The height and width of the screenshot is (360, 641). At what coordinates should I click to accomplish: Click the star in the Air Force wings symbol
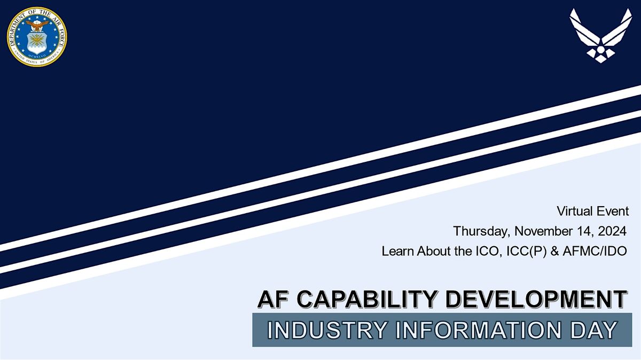point(600,50)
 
